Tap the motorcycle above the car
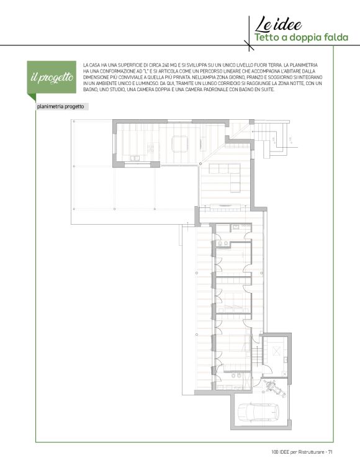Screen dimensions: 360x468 pos(274,388)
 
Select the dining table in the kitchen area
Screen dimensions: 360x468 pos(180,144)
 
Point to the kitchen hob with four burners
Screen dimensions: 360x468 pos(151,148)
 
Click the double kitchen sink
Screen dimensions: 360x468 pos(135,158)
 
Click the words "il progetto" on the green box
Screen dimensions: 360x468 pos(52,78)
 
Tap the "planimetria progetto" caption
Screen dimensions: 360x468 pos(60,107)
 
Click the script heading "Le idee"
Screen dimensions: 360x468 pos(278,24)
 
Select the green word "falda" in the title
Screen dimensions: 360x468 pos(336,38)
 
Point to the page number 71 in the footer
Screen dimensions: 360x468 pos(330,452)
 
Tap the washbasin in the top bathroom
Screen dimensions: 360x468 pos(235,227)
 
